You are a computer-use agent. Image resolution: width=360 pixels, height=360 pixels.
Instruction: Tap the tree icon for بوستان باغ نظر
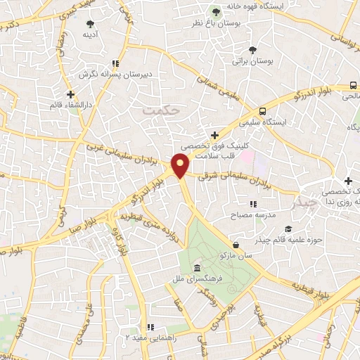click(217, 12)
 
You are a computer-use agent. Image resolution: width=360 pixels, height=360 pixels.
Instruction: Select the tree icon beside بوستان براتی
click(252, 49)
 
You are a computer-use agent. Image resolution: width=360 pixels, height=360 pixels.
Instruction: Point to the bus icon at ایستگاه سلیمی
click(262, 110)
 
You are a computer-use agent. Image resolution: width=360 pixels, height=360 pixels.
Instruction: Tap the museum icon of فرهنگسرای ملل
click(196, 270)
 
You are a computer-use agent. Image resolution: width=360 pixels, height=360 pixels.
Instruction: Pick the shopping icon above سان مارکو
click(236, 245)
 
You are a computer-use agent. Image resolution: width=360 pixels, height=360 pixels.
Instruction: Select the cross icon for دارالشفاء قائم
click(70, 94)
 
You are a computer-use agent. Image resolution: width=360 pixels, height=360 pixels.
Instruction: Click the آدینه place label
click(89, 34)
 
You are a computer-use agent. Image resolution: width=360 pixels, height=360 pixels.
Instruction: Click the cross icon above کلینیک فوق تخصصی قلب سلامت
click(214, 135)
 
